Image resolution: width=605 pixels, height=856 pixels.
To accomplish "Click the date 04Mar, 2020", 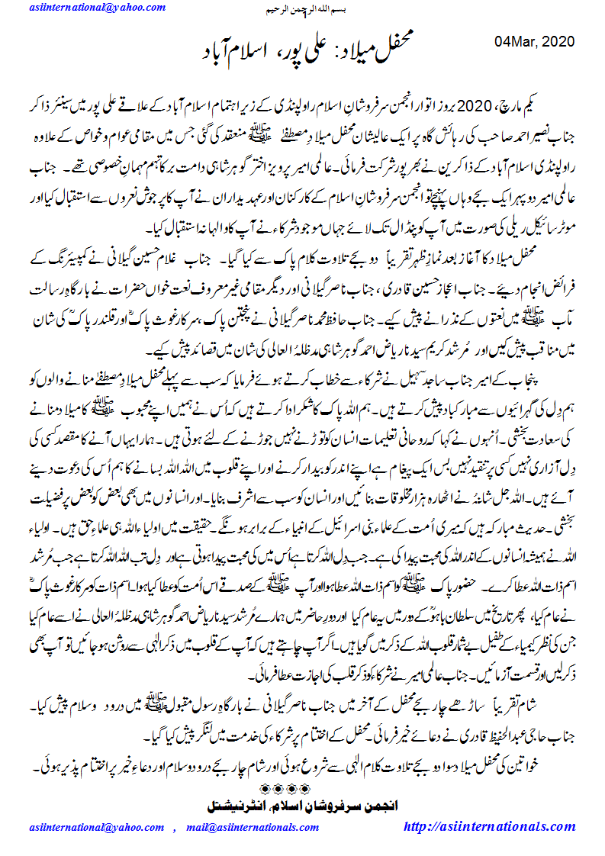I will [x=535, y=41].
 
